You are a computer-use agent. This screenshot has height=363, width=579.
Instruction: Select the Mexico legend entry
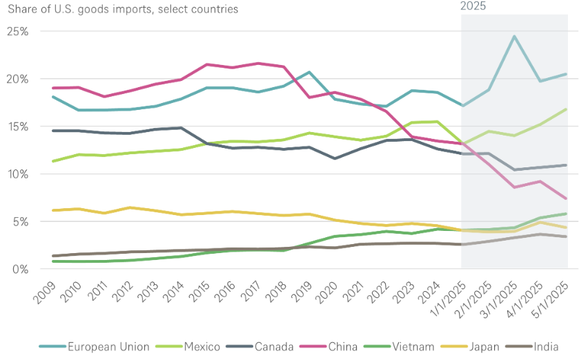coord(202,346)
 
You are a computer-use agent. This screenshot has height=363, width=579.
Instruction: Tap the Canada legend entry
coord(275,346)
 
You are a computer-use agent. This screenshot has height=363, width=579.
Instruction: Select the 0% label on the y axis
coord(19,268)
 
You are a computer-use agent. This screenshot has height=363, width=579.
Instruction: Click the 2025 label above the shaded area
coord(473,6)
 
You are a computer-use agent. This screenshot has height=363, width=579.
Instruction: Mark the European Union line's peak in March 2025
coord(514,36)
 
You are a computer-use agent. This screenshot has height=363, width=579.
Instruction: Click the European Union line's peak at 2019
coord(308,72)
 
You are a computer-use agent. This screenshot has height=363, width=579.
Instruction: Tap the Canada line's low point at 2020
coord(335,158)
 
